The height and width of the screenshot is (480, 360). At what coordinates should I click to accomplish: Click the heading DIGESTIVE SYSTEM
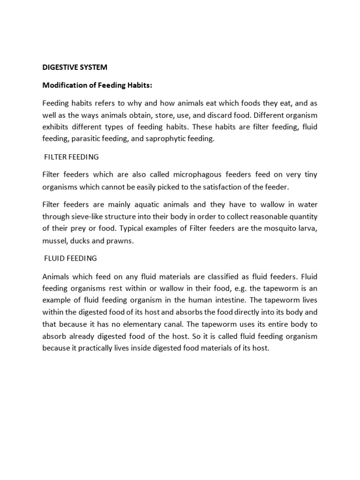tap(75, 67)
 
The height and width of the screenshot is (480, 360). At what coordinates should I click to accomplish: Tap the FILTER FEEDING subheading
tap(71, 157)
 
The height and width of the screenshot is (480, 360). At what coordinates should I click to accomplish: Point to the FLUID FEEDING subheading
tap(70, 258)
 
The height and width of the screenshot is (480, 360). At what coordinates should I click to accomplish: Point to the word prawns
tap(121, 241)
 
